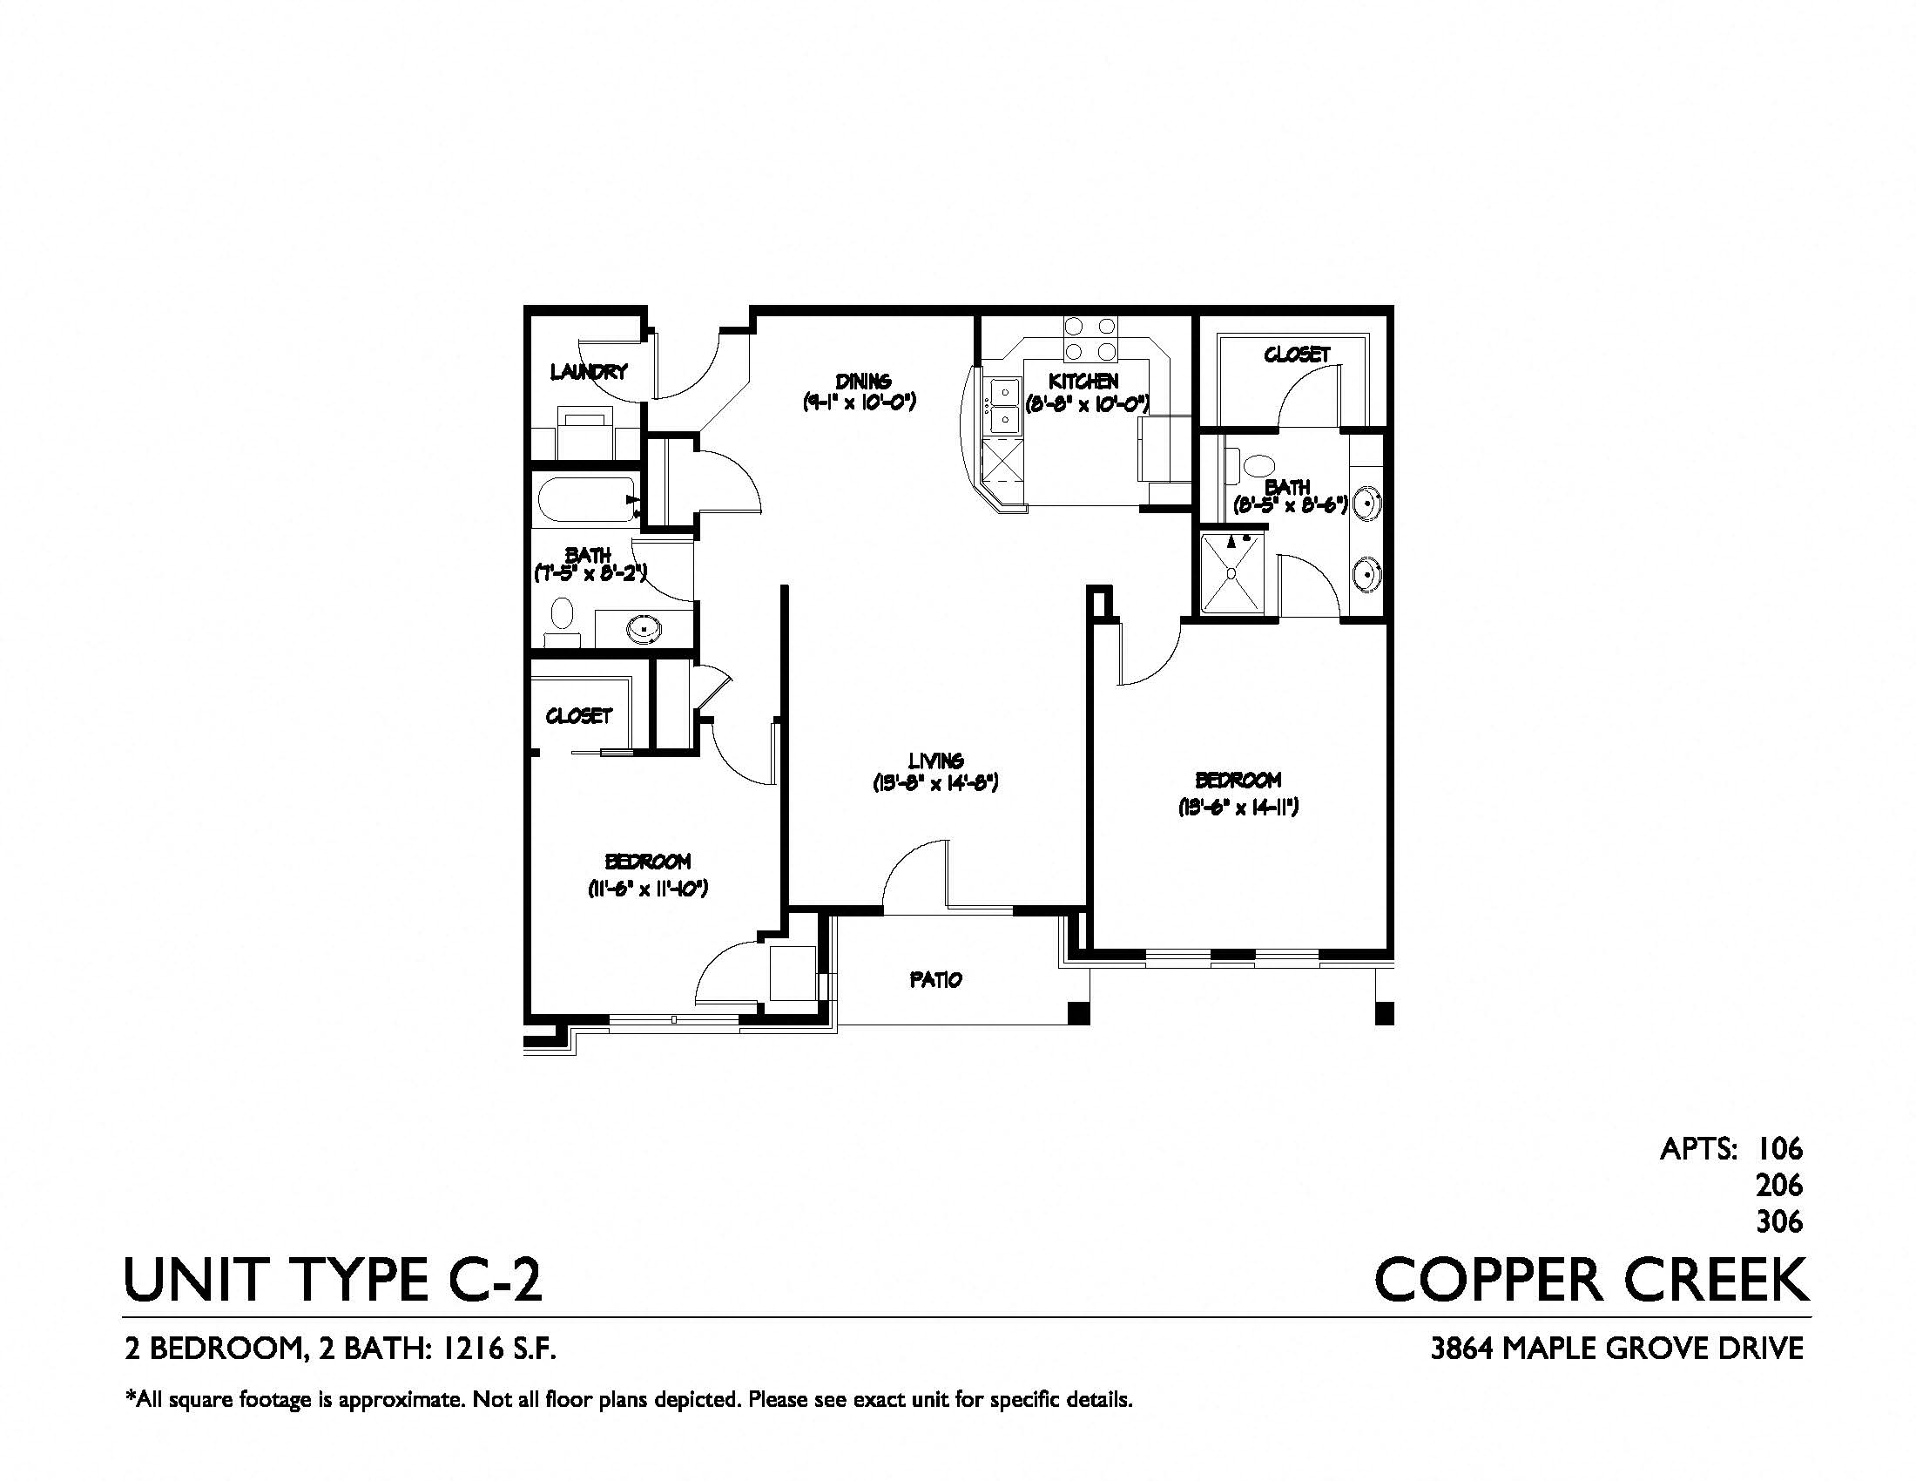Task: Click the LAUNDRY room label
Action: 589,372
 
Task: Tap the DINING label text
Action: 863,382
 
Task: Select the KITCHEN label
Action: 1083,382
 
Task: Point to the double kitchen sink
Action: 1002,405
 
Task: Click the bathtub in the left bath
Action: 586,499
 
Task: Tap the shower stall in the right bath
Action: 1231,573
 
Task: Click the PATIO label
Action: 936,979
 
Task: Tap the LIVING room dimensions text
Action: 936,782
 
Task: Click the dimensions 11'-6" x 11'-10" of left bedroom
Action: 647,889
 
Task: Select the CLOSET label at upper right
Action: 1297,355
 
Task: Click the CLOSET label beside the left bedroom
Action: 578,716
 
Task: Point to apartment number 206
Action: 1778,1186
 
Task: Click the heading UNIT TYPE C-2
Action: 334,1280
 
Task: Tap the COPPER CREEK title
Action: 1590,1280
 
